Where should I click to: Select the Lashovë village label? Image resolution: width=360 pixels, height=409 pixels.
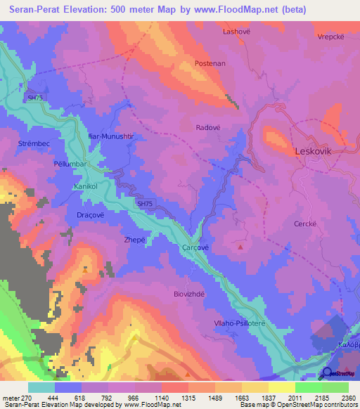pos(236,32)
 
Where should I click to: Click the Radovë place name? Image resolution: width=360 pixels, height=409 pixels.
pos(208,127)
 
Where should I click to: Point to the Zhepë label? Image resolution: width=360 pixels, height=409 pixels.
pos(115,240)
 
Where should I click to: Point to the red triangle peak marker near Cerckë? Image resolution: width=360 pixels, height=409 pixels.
pos(241,247)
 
